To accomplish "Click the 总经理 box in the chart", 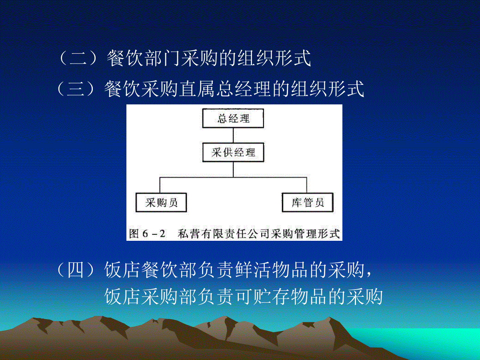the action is (x=233, y=118).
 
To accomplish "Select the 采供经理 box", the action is (x=233, y=152).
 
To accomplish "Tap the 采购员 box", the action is (x=161, y=202).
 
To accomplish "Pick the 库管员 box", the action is (x=308, y=202).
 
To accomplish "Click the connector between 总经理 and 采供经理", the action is (x=233, y=135).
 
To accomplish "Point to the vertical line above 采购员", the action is (x=160, y=185).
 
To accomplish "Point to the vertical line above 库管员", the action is (x=306, y=185).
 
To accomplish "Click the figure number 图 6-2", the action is (x=147, y=234).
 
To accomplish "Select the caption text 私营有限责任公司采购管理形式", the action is (x=259, y=234).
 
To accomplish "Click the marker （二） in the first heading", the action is (x=78, y=58).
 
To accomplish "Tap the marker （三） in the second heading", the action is (x=76, y=89).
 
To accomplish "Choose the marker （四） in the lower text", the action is (x=76, y=270).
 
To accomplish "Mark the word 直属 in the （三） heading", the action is (x=197, y=89).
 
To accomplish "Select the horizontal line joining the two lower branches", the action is (x=233, y=177).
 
